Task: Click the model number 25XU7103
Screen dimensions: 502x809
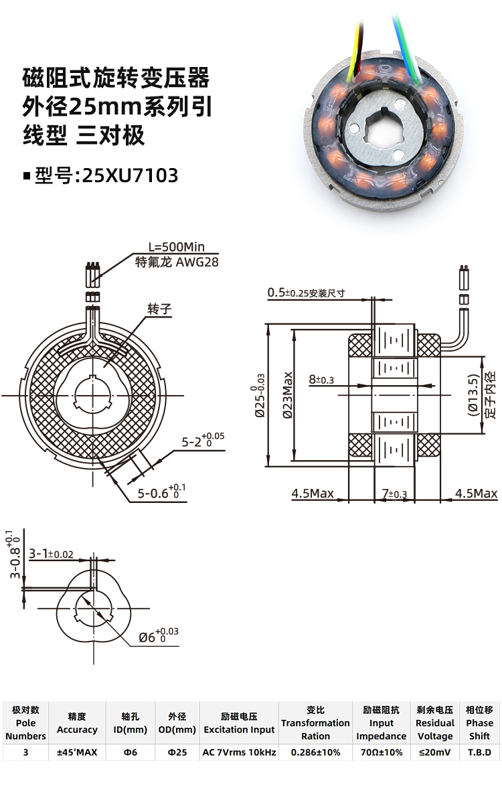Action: tap(131, 175)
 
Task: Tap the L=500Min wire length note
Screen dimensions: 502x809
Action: tap(177, 247)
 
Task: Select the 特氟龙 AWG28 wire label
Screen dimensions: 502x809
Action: tap(177, 263)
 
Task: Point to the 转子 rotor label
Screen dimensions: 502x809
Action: tap(159, 309)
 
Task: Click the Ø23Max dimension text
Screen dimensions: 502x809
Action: tap(288, 396)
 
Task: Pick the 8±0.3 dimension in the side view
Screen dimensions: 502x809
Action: tap(321, 380)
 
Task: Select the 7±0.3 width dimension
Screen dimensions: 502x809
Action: tap(394, 494)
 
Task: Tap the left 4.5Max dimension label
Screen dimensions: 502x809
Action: tap(313, 494)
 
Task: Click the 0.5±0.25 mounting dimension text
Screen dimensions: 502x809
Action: tap(306, 293)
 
